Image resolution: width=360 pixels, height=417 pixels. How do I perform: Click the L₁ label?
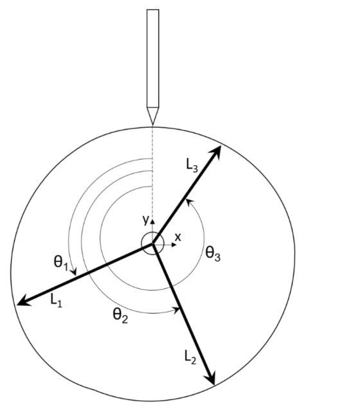[x=56, y=301]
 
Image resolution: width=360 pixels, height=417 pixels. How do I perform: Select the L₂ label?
[x=190, y=357]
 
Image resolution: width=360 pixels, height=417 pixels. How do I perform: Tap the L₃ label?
[x=192, y=165]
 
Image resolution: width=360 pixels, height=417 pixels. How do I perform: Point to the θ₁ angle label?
[x=60, y=263]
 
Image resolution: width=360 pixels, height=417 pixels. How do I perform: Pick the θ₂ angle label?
[x=120, y=316]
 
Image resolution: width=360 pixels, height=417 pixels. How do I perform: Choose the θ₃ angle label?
[x=213, y=254]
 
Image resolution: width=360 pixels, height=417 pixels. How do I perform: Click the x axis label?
[x=178, y=237]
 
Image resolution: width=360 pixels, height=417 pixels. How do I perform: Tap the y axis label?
[x=145, y=220]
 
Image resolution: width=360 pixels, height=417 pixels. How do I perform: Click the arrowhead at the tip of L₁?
[x=23, y=301]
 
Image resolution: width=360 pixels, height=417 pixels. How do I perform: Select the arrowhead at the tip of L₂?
[x=210, y=378]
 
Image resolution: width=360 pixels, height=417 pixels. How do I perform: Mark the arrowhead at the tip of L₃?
[x=216, y=152]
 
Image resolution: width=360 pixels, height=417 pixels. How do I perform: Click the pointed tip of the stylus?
[x=153, y=124]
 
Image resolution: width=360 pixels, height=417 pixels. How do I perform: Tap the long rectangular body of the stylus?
[x=153, y=58]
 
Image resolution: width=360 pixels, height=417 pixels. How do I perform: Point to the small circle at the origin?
[x=153, y=244]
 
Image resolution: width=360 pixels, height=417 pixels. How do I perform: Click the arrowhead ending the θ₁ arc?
[x=74, y=272]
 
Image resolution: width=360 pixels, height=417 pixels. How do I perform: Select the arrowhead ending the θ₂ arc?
[x=177, y=310]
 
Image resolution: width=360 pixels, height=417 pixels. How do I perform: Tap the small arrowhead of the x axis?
[x=174, y=245]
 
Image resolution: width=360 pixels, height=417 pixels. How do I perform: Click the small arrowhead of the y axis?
[x=152, y=221]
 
